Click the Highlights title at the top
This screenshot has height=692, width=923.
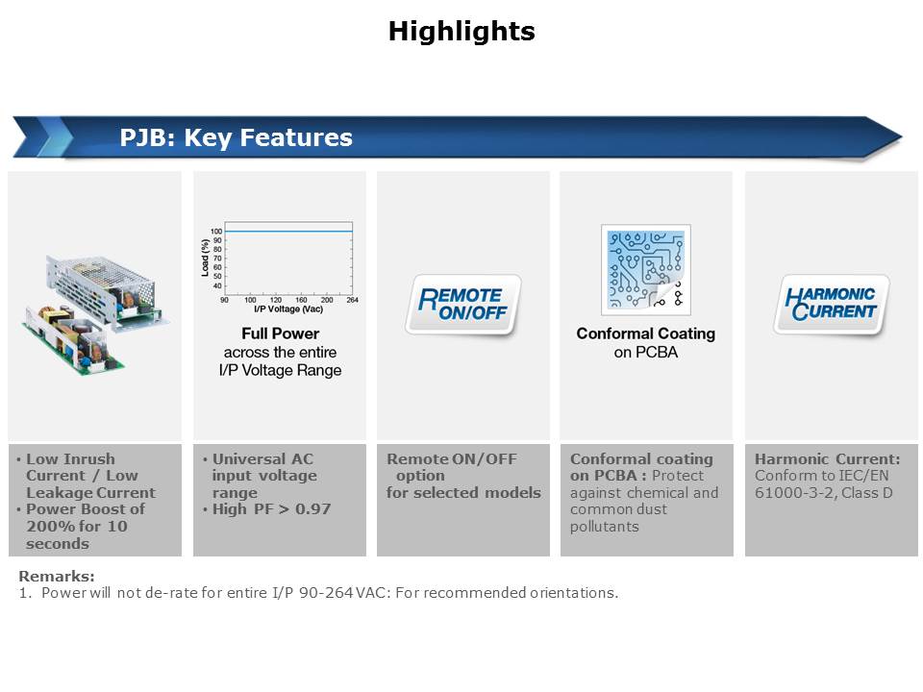(x=461, y=31)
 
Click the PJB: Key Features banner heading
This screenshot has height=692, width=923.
(x=237, y=137)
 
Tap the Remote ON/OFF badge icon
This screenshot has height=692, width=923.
(x=463, y=305)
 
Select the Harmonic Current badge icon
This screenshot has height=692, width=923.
(x=831, y=305)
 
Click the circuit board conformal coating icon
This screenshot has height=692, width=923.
(x=646, y=269)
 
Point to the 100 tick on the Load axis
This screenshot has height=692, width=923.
(x=216, y=232)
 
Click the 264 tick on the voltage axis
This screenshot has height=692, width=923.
(x=352, y=300)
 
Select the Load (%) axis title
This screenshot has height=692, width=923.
(x=205, y=258)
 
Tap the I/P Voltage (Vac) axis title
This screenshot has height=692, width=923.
(x=288, y=309)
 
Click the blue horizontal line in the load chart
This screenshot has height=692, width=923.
(x=288, y=232)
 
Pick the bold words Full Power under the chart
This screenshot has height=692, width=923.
(x=280, y=334)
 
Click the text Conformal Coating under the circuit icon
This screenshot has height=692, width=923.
(x=646, y=334)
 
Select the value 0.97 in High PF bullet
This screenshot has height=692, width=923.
(x=312, y=509)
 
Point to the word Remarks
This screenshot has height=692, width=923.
(x=57, y=576)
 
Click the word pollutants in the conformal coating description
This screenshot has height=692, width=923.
(x=605, y=527)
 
